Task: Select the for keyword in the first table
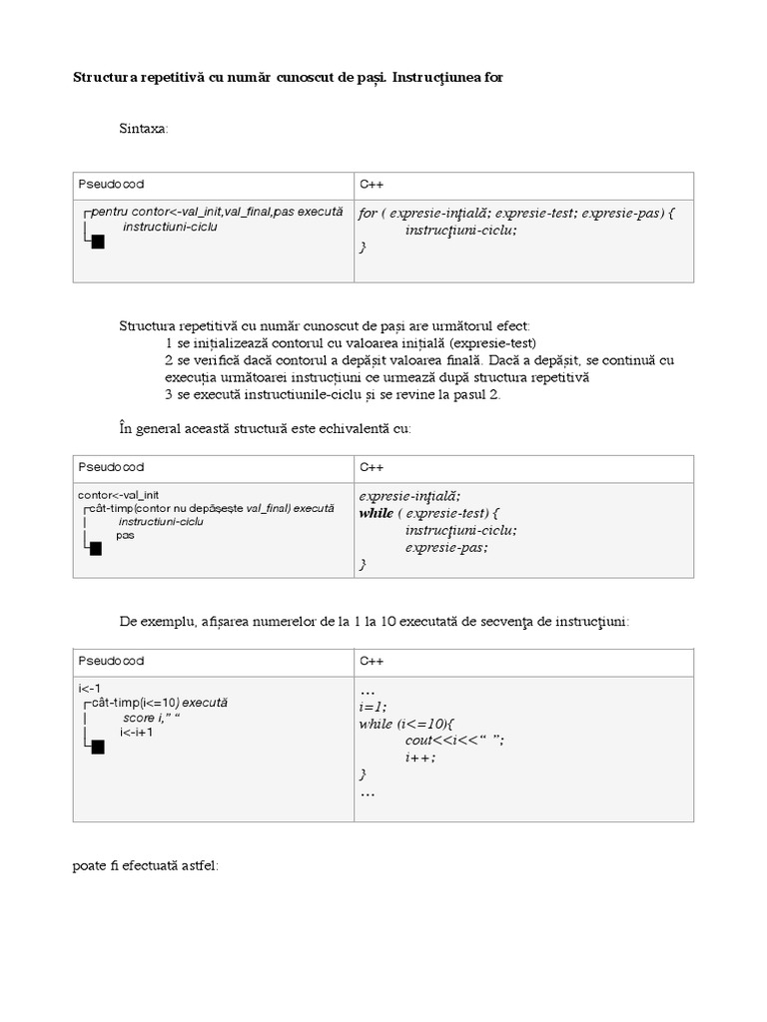point(368,214)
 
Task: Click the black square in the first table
point(98,242)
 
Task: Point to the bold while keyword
point(377,513)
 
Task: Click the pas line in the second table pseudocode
point(125,535)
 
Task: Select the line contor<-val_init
point(118,495)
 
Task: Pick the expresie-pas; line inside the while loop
point(446,547)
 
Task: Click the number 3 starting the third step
point(170,394)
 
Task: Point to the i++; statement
point(420,757)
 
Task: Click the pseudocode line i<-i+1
point(136,732)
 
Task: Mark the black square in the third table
point(98,748)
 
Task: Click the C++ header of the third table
point(371,662)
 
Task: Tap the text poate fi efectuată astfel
point(145,866)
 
